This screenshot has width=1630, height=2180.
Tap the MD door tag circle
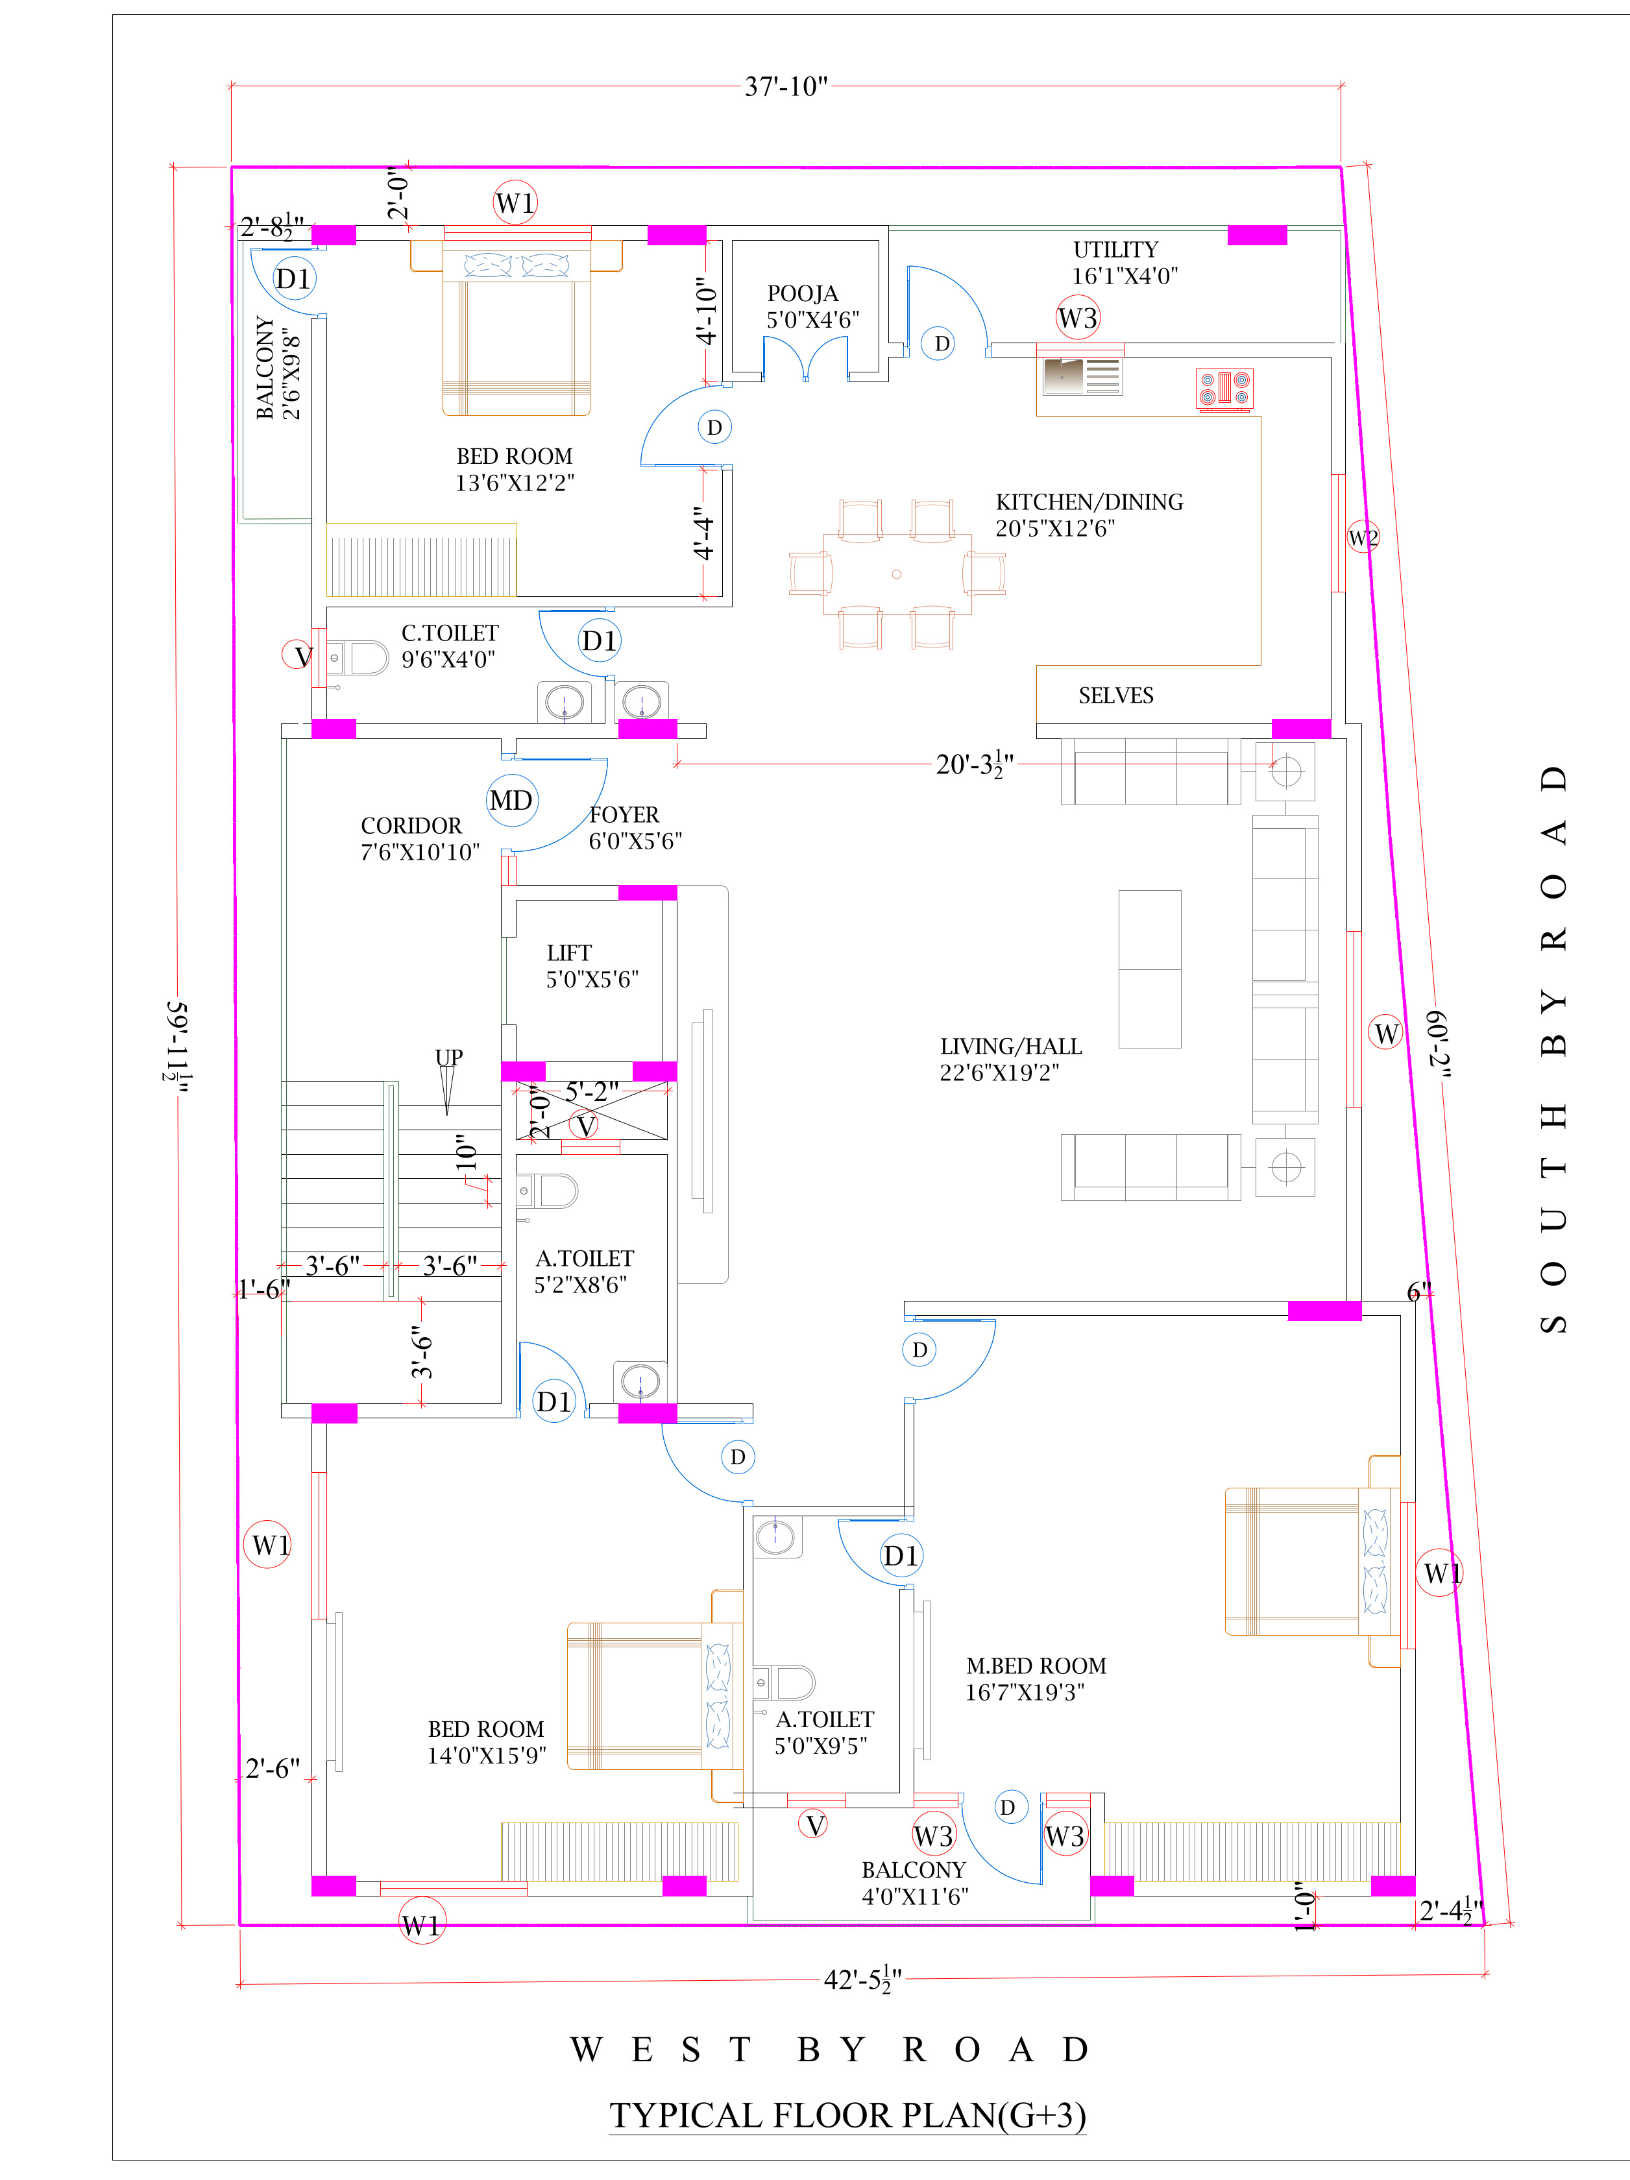(511, 800)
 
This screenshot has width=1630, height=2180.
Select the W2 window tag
(1363, 537)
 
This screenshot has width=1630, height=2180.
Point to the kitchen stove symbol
(1224, 389)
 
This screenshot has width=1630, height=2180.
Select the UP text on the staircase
(448, 1058)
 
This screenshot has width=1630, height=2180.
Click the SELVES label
(1115, 696)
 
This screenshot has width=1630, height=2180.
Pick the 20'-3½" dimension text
(974, 765)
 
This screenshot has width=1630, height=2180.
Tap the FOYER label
(624, 815)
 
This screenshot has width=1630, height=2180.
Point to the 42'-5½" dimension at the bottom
(862, 1980)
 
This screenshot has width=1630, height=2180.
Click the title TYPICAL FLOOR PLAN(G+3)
(847, 2115)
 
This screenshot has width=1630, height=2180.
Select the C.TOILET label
(450, 633)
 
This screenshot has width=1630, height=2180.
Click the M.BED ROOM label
(1036, 1665)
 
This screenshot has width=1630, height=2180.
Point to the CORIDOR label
(411, 826)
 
